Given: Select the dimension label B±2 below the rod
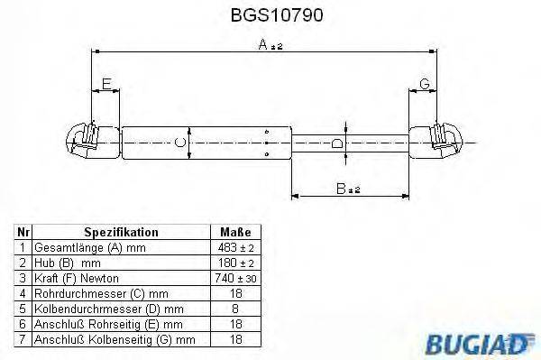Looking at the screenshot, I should pyautogui.click(x=347, y=188).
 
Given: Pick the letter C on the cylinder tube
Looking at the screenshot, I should pyautogui.click(x=180, y=142).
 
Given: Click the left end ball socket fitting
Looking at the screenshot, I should pyautogui.click(x=82, y=142).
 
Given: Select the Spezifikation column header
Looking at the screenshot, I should pyautogui.click(x=120, y=232).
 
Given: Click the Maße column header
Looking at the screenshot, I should pyautogui.click(x=234, y=232).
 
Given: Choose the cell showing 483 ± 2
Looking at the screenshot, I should pyautogui.click(x=234, y=246).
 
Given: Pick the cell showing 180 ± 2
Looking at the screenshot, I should pyautogui.click(x=234, y=263).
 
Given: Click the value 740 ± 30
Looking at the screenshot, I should pyautogui.click(x=234, y=278).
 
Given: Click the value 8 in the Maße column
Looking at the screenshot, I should pyautogui.click(x=234, y=309).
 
